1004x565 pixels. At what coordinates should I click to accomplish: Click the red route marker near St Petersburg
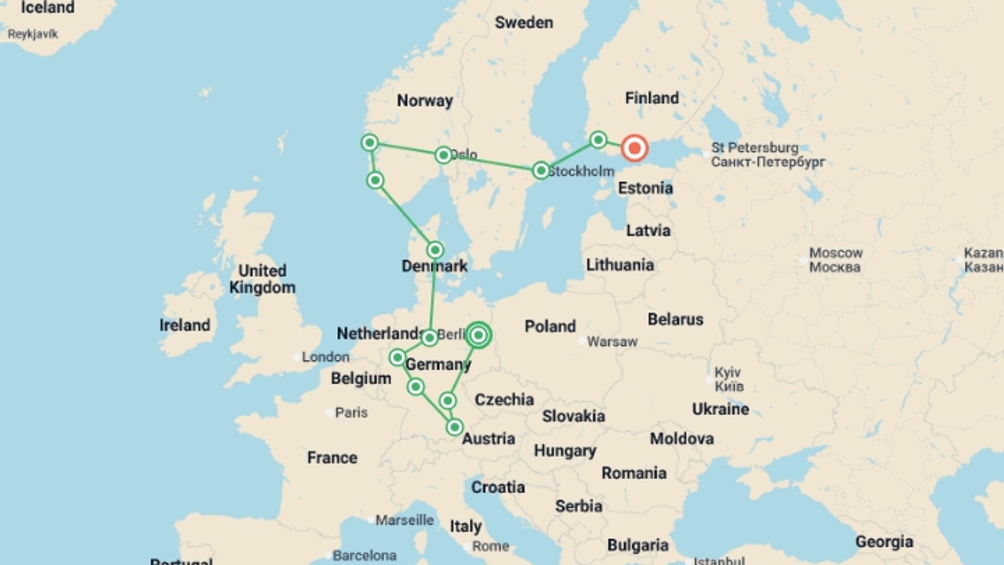tap(634, 148)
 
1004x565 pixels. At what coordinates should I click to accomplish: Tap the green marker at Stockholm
tap(541, 171)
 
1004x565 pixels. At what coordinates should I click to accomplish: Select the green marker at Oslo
tap(443, 155)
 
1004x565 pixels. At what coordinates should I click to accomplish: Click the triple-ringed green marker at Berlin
tap(478, 335)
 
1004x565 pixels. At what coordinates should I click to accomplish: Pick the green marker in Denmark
tap(435, 250)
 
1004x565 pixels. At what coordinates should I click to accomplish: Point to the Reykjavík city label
tap(32, 35)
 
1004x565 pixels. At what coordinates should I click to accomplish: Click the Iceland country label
tap(48, 8)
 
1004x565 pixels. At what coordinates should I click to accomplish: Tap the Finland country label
tap(652, 98)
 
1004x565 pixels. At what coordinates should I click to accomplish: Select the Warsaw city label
tap(612, 342)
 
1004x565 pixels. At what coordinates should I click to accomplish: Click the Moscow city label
tap(835, 259)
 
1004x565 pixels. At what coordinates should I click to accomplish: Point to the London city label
tap(325, 357)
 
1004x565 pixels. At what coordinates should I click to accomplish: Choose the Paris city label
tap(351, 412)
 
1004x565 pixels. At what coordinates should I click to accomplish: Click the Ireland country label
tap(185, 325)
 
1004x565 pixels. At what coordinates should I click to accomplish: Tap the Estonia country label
tap(645, 188)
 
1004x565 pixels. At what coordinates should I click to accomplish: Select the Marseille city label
tap(404, 520)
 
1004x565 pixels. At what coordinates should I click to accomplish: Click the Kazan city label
tap(983, 259)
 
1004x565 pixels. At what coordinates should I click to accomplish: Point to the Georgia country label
tap(884, 542)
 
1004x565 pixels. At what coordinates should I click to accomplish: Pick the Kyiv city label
tap(728, 379)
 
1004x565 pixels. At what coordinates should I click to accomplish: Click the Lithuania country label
tap(620, 265)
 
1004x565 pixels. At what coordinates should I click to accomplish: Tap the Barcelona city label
tap(364, 555)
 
